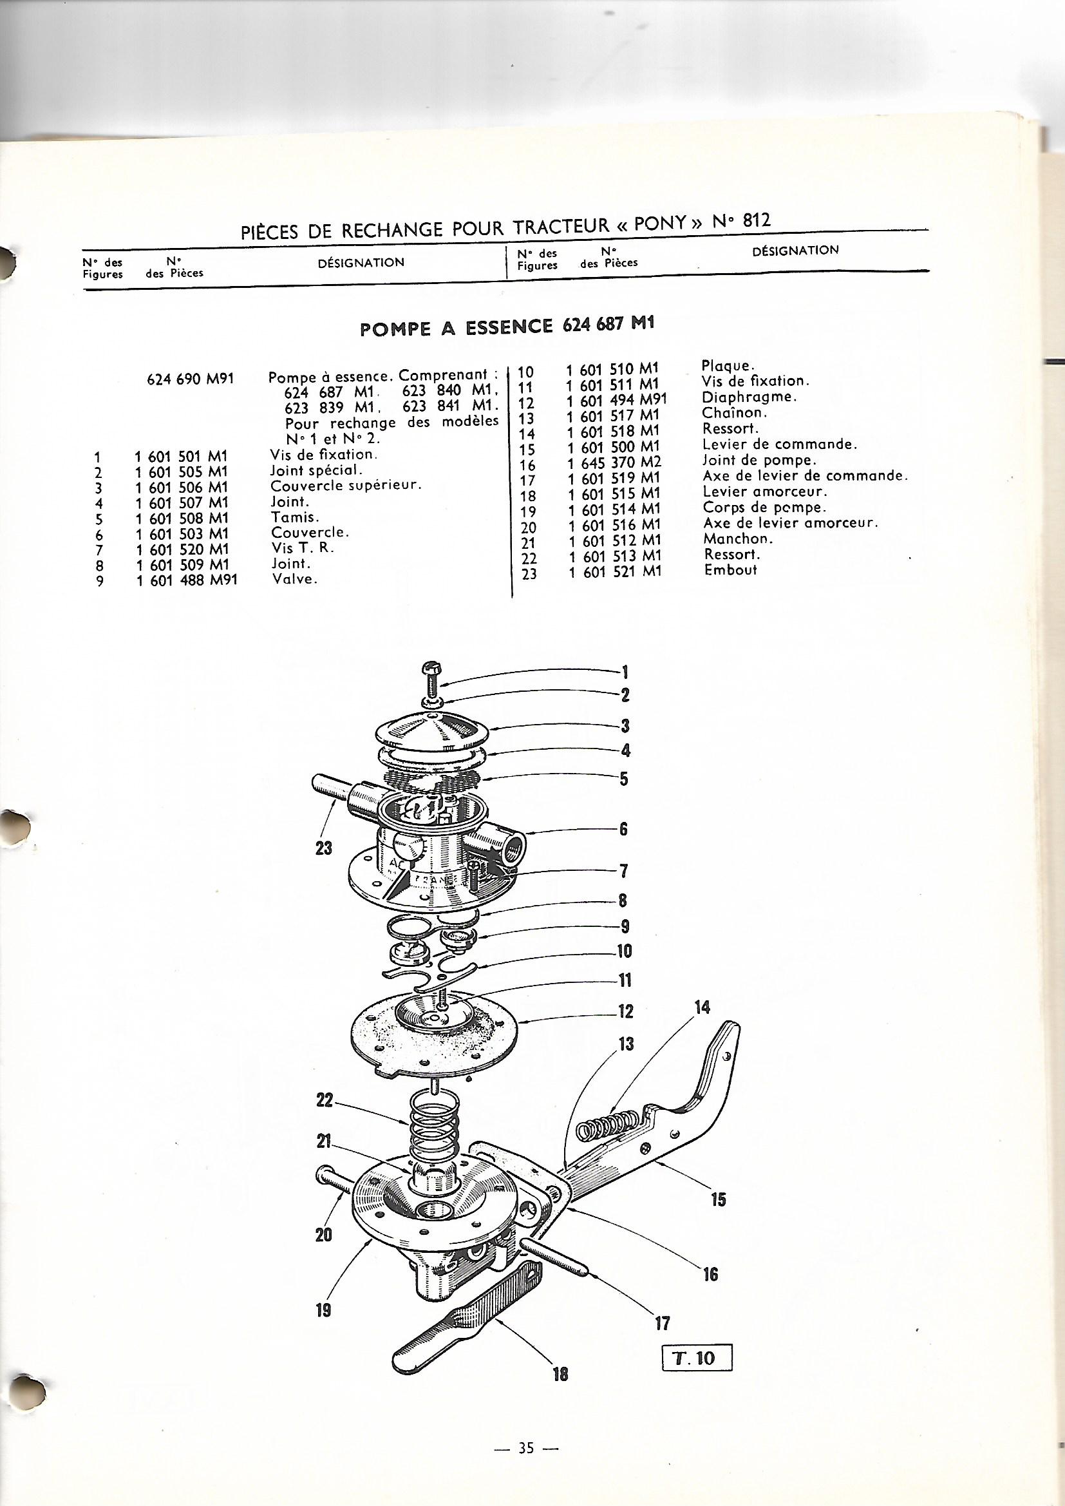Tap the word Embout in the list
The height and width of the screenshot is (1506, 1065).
pos(731,570)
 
